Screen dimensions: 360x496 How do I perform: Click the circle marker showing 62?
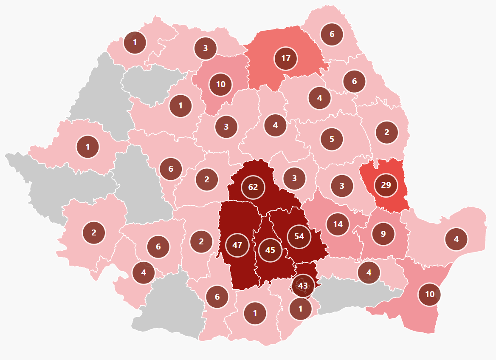253,187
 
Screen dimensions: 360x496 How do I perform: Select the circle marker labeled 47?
237,245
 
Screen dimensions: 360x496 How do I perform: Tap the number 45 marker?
270,250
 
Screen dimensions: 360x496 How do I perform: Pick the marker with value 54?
299,236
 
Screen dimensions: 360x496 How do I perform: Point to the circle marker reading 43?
303,286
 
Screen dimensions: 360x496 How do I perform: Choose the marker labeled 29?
386,185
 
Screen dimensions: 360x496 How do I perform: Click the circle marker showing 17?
286,58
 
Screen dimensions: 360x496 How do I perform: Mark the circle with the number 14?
338,224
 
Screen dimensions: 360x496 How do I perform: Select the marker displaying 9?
383,233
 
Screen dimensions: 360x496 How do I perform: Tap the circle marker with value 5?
332,139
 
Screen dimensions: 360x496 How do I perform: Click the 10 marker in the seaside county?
429,294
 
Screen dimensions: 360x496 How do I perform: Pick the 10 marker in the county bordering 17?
220,84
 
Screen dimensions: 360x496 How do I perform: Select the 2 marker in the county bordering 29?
386,132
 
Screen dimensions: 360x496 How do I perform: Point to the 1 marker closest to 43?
301,309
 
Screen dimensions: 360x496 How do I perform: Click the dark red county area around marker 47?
238,221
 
